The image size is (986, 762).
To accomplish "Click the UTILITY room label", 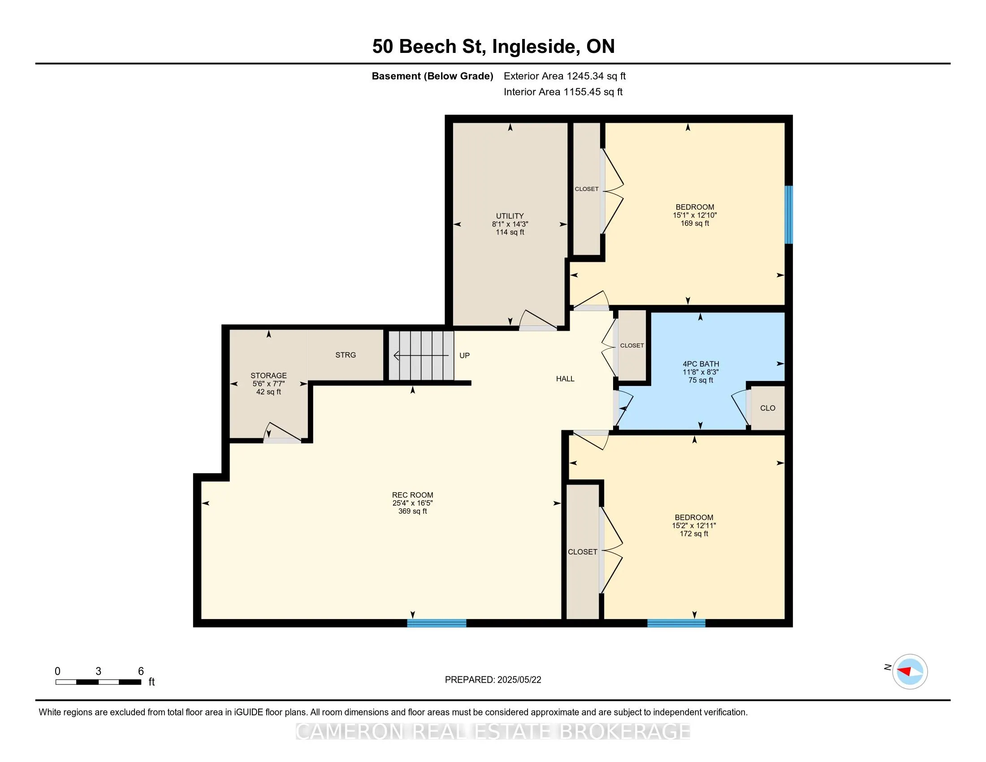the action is coord(510,216).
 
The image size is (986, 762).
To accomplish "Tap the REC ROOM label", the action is coord(412,495).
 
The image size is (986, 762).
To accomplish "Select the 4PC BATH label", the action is coord(701,364).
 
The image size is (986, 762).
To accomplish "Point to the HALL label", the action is coord(565,379).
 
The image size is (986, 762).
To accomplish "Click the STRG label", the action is coord(346,355).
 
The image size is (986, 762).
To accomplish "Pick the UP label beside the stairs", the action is coord(465,356).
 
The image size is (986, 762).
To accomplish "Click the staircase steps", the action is coord(421,356).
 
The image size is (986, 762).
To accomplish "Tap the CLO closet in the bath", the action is coord(767,408).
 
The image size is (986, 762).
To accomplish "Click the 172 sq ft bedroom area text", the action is coord(694,533).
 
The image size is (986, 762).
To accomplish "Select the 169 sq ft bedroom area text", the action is coord(695,224).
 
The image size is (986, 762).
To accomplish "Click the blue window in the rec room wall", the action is coord(437,623).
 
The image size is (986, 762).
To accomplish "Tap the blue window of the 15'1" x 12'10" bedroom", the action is coord(788,215).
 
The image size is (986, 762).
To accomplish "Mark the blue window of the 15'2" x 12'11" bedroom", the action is coord(676,623).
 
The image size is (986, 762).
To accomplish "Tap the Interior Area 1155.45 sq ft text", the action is coord(563,92).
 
